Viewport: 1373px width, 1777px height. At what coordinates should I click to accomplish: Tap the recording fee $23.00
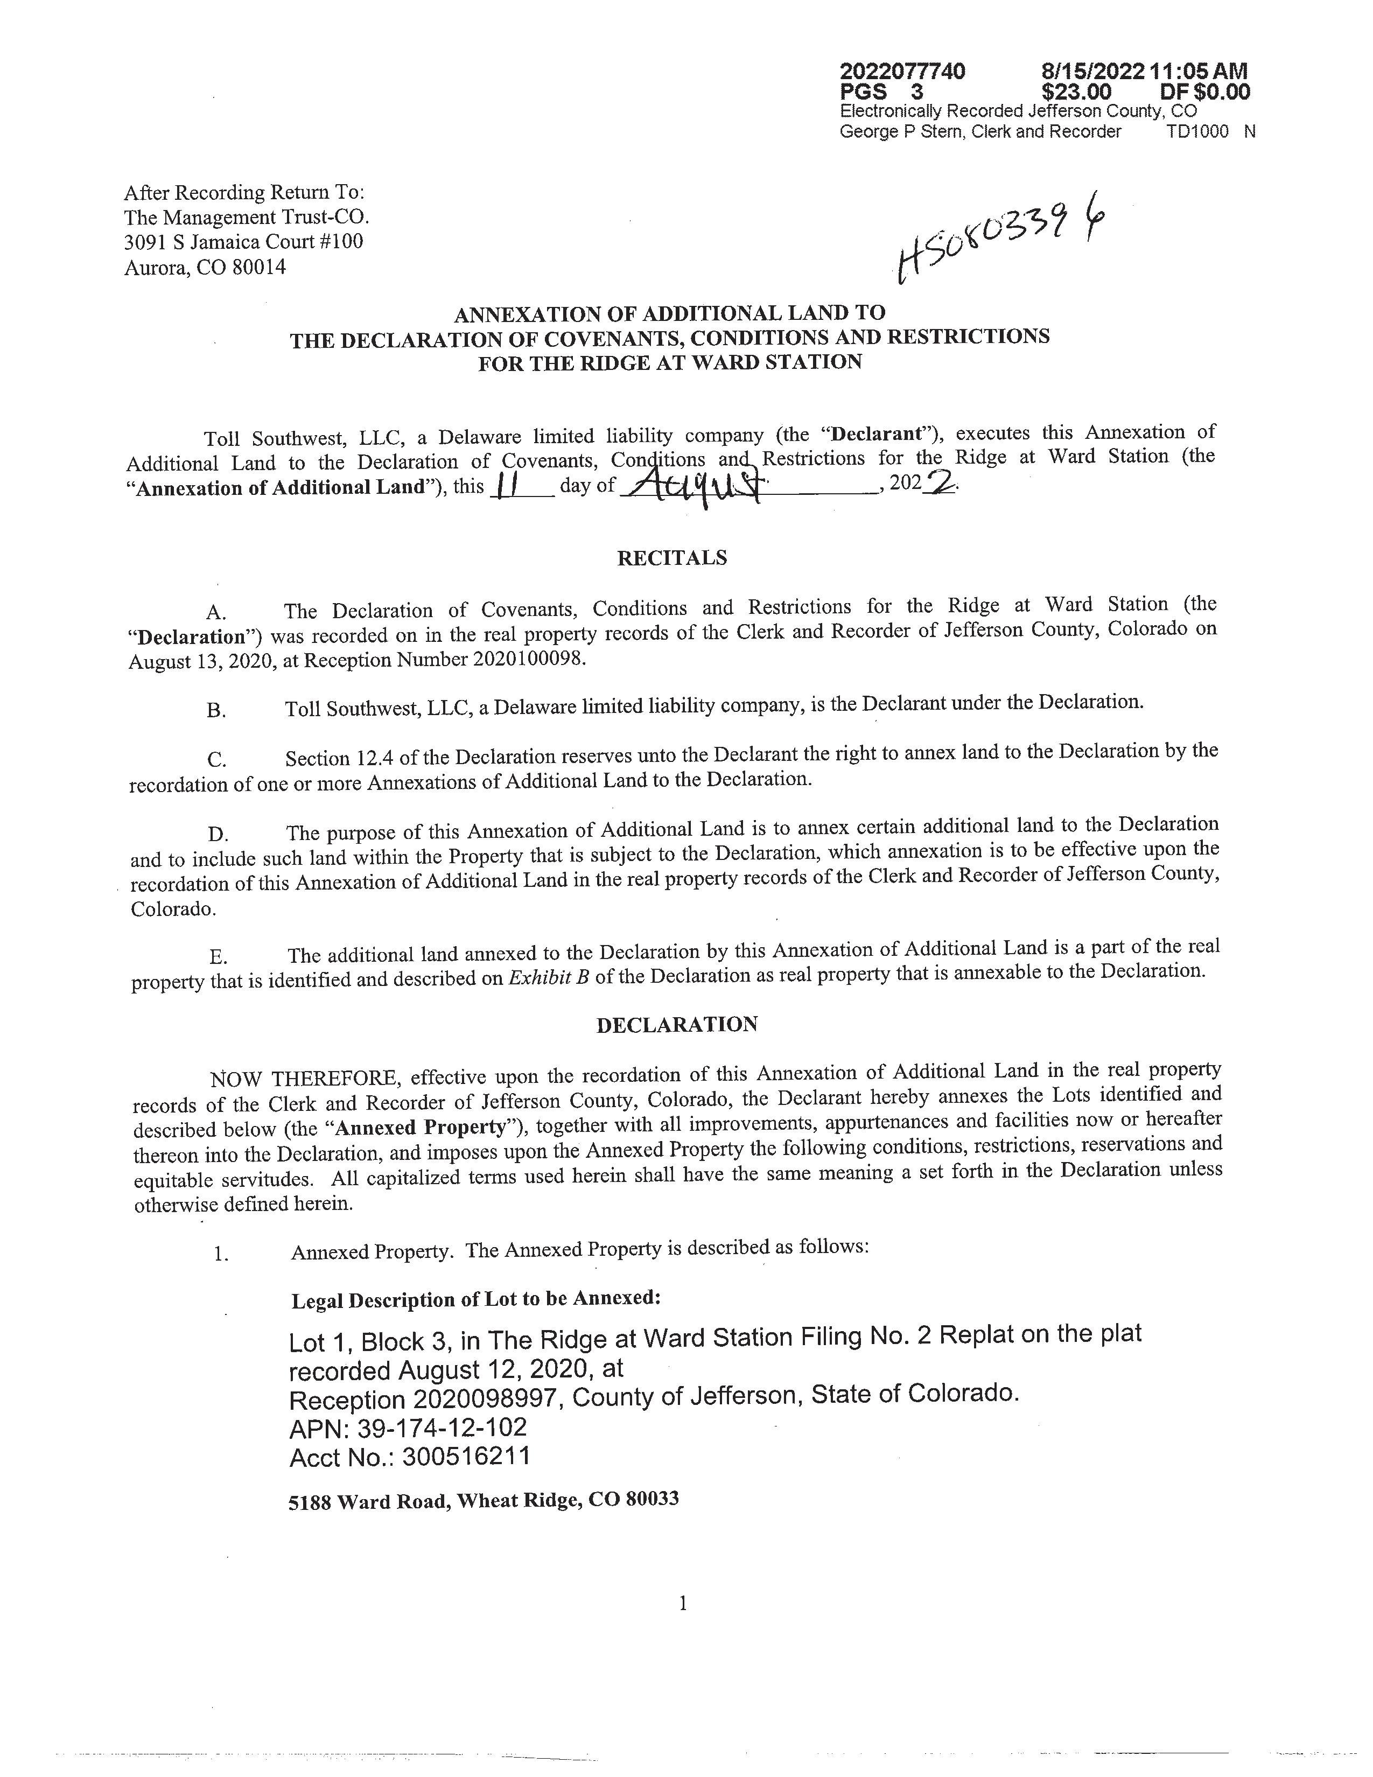click(1076, 92)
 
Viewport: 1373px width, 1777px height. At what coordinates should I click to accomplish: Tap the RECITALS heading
click(672, 558)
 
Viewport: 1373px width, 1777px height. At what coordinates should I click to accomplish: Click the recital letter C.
click(216, 759)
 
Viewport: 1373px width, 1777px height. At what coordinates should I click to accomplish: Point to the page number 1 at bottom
click(682, 1604)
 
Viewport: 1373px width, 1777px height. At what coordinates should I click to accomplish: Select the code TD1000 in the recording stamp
click(1197, 132)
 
